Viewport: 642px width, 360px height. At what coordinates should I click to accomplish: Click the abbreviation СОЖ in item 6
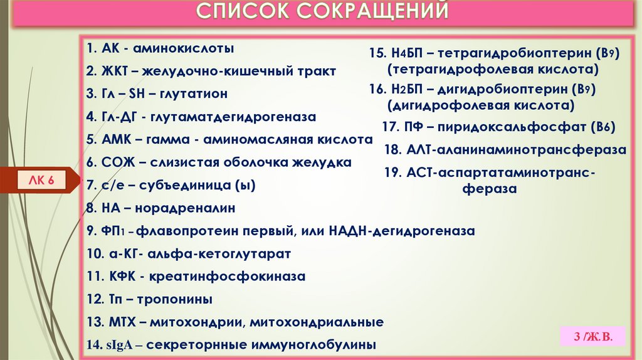(x=113, y=162)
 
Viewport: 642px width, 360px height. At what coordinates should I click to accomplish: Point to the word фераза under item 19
(x=490, y=188)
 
